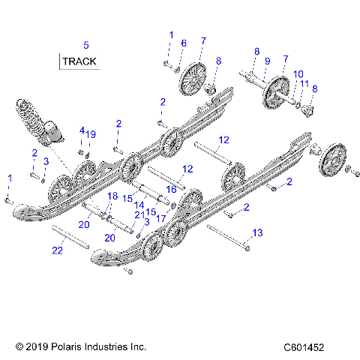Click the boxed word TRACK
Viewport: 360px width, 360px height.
tap(79, 61)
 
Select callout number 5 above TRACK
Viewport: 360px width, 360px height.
tap(85, 44)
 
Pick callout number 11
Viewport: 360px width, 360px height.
tap(304, 84)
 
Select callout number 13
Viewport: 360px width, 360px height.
tap(259, 233)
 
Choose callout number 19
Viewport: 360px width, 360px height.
tap(91, 134)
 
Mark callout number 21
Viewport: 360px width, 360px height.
tap(139, 215)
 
